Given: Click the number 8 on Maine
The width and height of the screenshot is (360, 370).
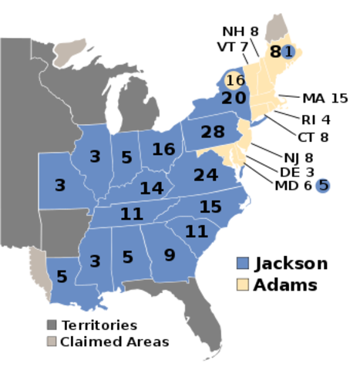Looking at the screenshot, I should click(275, 52).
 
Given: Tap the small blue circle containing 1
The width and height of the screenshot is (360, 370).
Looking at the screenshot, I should click(288, 52).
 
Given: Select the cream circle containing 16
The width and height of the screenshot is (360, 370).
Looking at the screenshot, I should click(235, 80).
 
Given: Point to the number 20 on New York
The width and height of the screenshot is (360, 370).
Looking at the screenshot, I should click(234, 98).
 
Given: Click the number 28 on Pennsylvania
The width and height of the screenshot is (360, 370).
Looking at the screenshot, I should click(212, 132).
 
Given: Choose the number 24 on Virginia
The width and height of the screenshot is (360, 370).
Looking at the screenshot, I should click(206, 175).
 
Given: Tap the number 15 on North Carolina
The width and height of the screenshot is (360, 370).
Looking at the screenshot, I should click(210, 207).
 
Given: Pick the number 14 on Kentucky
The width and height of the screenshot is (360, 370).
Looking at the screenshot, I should click(152, 187).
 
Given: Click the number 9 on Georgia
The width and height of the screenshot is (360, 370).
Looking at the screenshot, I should click(170, 254).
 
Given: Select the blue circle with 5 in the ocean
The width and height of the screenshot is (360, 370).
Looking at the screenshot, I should click(322, 185).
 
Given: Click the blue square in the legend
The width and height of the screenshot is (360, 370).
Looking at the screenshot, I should click(243, 262).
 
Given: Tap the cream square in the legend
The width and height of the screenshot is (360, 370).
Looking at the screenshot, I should click(243, 284).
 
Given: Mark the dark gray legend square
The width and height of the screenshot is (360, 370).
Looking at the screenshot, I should click(52, 325).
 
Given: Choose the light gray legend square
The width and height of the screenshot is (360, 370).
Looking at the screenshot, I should click(52, 341).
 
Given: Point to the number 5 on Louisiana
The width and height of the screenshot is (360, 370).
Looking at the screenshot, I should click(62, 276).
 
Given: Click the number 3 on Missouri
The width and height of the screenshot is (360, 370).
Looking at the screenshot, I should click(59, 185).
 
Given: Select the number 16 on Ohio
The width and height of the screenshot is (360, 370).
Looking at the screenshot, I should click(163, 149).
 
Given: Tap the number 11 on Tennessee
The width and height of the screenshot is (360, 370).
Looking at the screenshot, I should click(132, 214).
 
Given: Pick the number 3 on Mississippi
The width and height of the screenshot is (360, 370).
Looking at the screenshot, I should click(95, 261).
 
